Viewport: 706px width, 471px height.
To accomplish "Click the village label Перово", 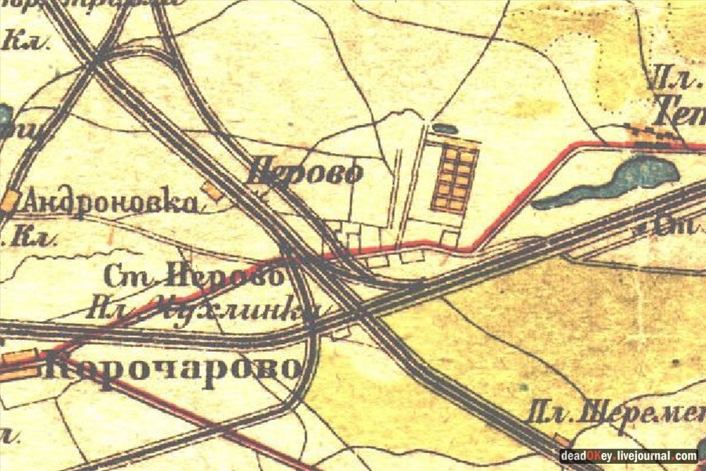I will tap(306, 171).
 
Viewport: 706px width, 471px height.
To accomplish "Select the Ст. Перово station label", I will tap(193, 276).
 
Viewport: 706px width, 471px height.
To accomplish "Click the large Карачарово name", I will tap(171, 367).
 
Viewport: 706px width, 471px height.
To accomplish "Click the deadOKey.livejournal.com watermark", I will tap(628, 455).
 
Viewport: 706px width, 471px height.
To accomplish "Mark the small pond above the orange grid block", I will tap(444, 128).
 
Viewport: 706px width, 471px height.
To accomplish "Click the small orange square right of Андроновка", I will tap(210, 189).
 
